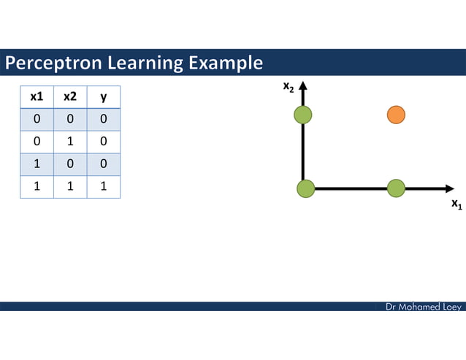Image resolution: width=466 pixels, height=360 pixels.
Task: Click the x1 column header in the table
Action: tap(37, 96)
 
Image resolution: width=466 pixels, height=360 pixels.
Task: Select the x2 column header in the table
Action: tap(70, 96)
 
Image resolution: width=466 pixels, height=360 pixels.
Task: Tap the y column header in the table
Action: tap(104, 96)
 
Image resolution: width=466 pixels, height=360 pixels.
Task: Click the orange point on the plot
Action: tap(396, 115)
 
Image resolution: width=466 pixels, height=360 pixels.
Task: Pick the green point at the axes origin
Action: tap(305, 188)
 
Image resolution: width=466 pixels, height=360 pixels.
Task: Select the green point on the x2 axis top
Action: tap(303, 114)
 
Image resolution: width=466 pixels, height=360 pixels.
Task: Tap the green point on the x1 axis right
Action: tap(396, 188)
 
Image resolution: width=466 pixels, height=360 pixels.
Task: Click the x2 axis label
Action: tap(289, 87)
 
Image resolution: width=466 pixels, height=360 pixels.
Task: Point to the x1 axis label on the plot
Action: tap(457, 204)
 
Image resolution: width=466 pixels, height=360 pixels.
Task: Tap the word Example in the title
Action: tap(225, 64)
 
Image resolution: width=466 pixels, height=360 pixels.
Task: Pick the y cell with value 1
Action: tap(104, 186)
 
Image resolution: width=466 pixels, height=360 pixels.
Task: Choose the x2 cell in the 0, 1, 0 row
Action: tap(70, 142)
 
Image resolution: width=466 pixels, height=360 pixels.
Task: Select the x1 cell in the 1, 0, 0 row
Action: tap(37, 164)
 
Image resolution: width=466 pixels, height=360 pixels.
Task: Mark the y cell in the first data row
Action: tap(104, 119)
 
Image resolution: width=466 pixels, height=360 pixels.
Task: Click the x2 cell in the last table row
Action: tap(70, 186)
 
